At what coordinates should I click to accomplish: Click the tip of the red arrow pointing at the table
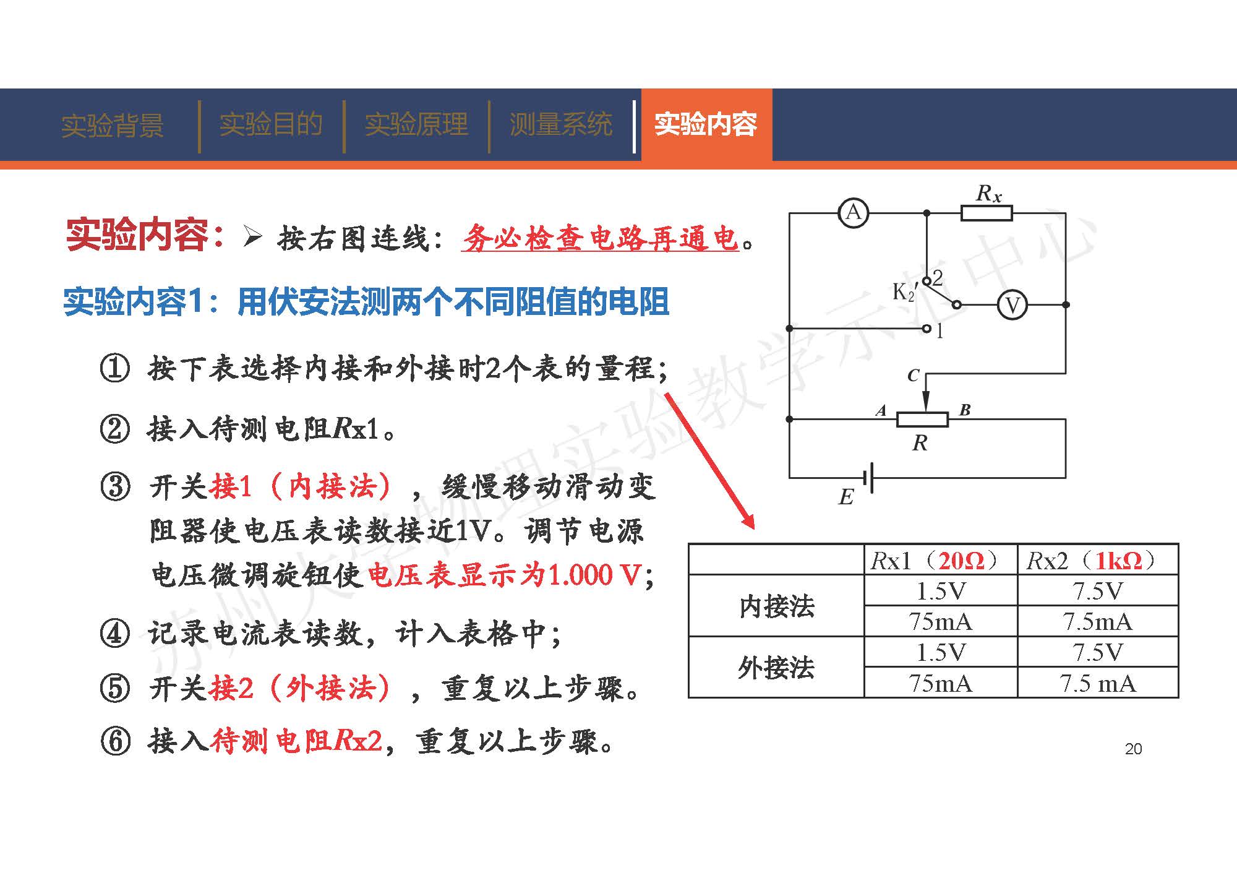pos(754,528)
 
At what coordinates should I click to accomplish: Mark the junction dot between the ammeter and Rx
pos(927,213)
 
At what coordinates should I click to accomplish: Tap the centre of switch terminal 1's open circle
pos(927,329)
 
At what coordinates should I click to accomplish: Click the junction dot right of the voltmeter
pos(1066,304)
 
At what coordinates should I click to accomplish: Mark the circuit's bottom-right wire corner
pos(1066,478)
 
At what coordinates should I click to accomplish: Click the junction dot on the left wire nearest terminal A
pos(789,419)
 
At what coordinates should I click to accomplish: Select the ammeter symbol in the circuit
pos(854,213)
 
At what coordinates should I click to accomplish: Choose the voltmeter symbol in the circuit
pos(1012,304)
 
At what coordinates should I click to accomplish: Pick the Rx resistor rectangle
pos(987,213)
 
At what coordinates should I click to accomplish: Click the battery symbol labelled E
pos(868,478)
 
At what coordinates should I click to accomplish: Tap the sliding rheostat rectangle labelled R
pos(922,420)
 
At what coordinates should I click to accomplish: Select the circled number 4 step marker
pos(115,634)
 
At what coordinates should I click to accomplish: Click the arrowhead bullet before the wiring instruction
pos(253,236)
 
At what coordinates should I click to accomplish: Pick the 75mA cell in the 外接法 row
pos(940,683)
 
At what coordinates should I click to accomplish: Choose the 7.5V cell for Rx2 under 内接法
pos(1098,591)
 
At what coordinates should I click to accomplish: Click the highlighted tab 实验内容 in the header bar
pos(706,124)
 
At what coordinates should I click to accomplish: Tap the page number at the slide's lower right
pos(1133,749)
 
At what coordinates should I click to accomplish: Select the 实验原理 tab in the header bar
pos(416,124)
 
